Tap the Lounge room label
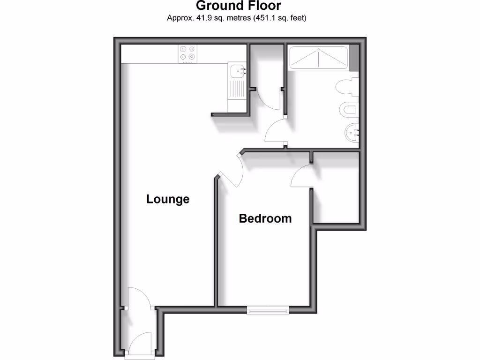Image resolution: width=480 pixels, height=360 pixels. tap(168, 199)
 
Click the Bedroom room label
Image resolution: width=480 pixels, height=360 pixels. tap(265, 218)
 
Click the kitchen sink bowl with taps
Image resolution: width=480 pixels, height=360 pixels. tap(238, 71)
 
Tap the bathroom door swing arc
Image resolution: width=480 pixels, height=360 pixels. tap(276, 131)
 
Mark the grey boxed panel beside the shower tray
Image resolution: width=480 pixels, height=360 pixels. tap(354, 57)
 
